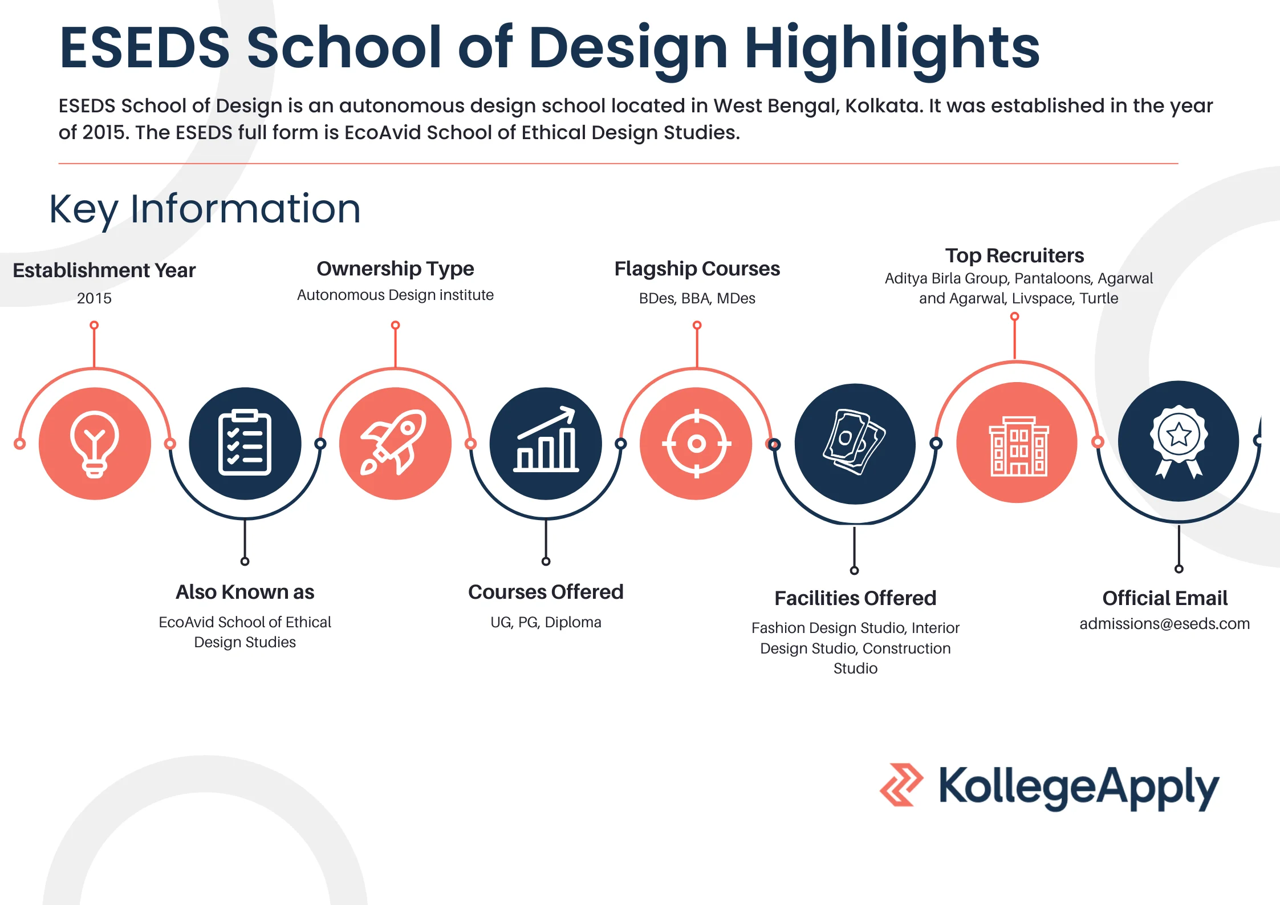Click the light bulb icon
pyautogui.click(x=95, y=444)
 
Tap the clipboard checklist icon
pyautogui.click(x=245, y=443)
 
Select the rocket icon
pyautogui.click(x=395, y=443)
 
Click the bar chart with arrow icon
pyautogui.click(x=546, y=443)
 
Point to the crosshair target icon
pyautogui.click(x=696, y=443)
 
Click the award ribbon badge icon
pyautogui.click(x=1179, y=441)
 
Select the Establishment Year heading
pyautogui.click(x=104, y=270)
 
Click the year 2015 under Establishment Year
pyautogui.click(x=94, y=298)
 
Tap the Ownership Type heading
pyautogui.click(x=395, y=269)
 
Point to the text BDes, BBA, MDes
pyautogui.click(x=697, y=298)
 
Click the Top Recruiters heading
pyautogui.click(x=1014, y=255)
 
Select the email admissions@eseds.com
pyautogui.click(x=1164, y=624)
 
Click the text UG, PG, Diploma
pyautogui.click(x=546, y=622)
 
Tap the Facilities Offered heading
pyautogui.click(x=855, y=598)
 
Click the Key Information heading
pyautogui.click(x=205, y=209)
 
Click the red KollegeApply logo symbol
pyautogui.click(x=901, y=785)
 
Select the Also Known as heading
pyautogui.click(x=245, y=592)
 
